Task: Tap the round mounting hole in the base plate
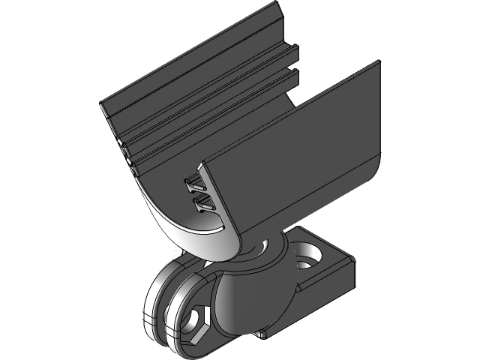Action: point(310,256)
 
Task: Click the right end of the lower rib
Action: point(295,75)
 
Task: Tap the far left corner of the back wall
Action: point(102,106)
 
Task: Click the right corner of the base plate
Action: point(354,264)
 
